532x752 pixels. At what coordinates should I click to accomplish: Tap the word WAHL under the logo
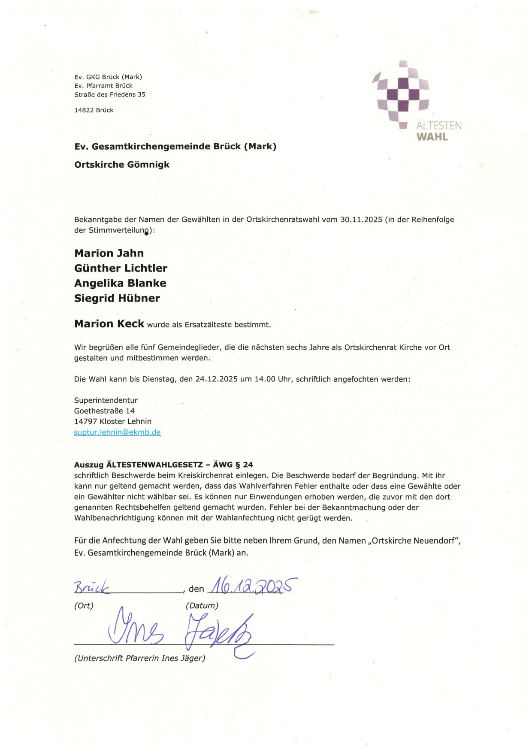tap(432, 137)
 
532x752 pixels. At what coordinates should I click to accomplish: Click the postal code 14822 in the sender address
tap(84, 110)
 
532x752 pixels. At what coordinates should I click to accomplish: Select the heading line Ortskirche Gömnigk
tap(122, 165)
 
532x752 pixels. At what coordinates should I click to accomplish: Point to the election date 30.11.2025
tap(361, 220)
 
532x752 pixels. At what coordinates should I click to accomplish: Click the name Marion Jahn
tap(109, 253)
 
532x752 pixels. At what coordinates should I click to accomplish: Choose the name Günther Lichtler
tap(121, 268)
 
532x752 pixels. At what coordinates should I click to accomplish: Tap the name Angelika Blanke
tap(120, 283)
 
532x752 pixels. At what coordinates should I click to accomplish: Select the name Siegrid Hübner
tap(117, 298)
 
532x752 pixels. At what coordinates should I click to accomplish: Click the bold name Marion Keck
tap(109, 324)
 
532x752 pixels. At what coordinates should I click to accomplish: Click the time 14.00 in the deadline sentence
tap(265, 379)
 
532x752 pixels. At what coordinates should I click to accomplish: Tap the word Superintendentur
tap(106, 400)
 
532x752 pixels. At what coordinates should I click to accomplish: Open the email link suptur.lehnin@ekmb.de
tap(117, 432)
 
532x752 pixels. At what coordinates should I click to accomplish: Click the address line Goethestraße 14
tap(104, 411)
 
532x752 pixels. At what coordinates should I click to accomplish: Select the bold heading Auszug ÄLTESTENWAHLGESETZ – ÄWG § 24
tap(163, 465)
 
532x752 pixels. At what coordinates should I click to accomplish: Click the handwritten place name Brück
tap(92, 588)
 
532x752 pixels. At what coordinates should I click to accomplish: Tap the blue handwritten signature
tap(180, 631)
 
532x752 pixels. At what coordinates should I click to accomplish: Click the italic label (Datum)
tap(202, 606)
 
